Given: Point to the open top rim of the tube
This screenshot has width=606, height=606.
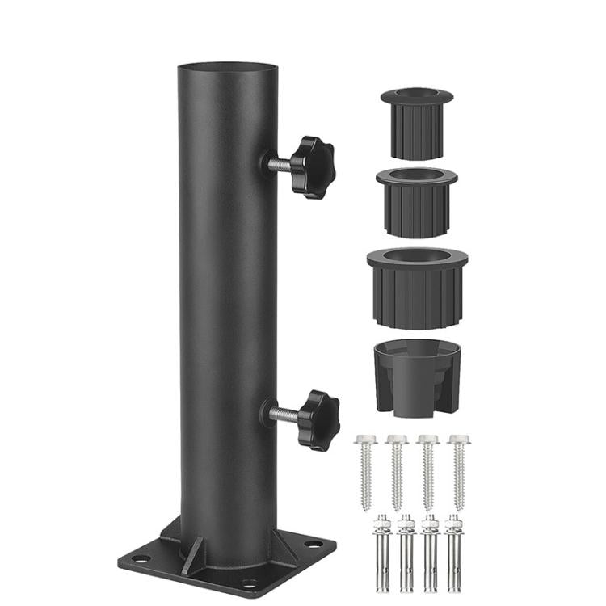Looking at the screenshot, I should pyautogui.click(x=219, y=66).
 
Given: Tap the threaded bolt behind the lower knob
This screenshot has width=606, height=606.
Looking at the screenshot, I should pyautogui.click(x=283, y=415).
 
